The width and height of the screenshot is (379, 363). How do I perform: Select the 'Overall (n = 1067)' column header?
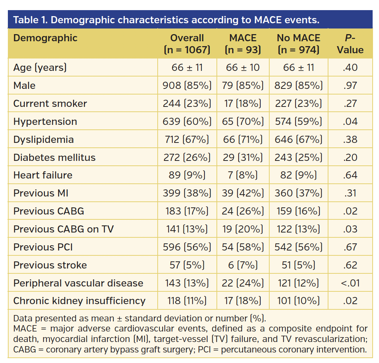(187, 44)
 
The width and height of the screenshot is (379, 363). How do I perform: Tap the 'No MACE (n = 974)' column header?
(298, 44)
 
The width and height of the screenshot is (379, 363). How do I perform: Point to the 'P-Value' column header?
(350, 44)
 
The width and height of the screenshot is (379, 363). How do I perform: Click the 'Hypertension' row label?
(45, 121)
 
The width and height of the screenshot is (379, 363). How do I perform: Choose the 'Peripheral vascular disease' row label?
(78, 283)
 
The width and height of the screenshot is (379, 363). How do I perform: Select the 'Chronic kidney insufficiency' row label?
(79, 301)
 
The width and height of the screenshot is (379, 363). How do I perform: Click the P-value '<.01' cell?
(350, 283)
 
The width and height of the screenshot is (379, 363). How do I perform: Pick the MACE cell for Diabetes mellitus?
(243, 157)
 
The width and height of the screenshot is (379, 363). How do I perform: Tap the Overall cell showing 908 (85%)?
(187, 85)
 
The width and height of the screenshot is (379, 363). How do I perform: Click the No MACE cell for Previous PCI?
(298, 247)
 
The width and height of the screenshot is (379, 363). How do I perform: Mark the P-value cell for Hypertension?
(350, 121)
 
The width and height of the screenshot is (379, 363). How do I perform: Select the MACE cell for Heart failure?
(243, 175)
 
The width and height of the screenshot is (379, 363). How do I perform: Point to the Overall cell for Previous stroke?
(187, 265)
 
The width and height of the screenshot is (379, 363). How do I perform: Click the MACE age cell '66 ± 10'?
(243, 67)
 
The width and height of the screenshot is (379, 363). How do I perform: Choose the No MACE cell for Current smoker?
(298, 103)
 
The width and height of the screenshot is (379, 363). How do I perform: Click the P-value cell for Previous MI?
(350, 193)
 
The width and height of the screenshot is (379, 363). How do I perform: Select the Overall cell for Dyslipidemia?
(187, 139)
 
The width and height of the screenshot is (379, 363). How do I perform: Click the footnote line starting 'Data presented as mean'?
(139, 319)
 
